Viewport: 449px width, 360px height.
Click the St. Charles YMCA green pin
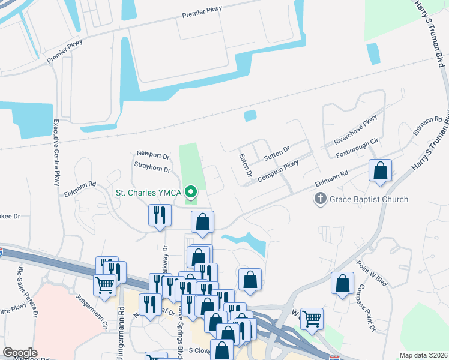click(191, 193)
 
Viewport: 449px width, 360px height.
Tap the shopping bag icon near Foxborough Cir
click(381, 170)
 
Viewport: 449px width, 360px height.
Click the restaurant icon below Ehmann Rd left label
click(159, 215)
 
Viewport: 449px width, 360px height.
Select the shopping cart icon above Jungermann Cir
click(104, 286)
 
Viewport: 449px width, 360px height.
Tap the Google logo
click(20, 353)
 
